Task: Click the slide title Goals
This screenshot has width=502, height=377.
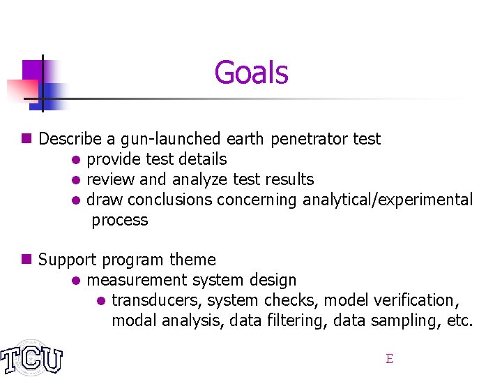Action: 251,72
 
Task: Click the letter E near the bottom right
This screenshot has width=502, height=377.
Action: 390,359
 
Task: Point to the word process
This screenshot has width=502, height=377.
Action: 120,221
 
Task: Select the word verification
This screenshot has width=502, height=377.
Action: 421,300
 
